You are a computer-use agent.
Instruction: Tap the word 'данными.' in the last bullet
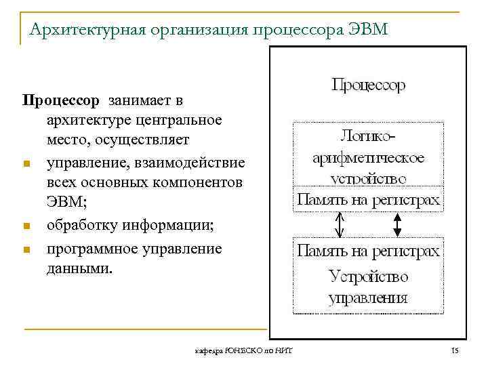coord(77,268)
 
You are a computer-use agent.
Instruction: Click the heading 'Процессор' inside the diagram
coord(368,85)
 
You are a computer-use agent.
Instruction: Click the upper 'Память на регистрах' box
coord(368,200)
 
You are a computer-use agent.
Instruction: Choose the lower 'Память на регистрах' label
coord(368,251)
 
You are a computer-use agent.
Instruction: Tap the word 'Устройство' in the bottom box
coord(368,276)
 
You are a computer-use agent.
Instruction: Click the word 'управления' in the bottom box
coord(368,298)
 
